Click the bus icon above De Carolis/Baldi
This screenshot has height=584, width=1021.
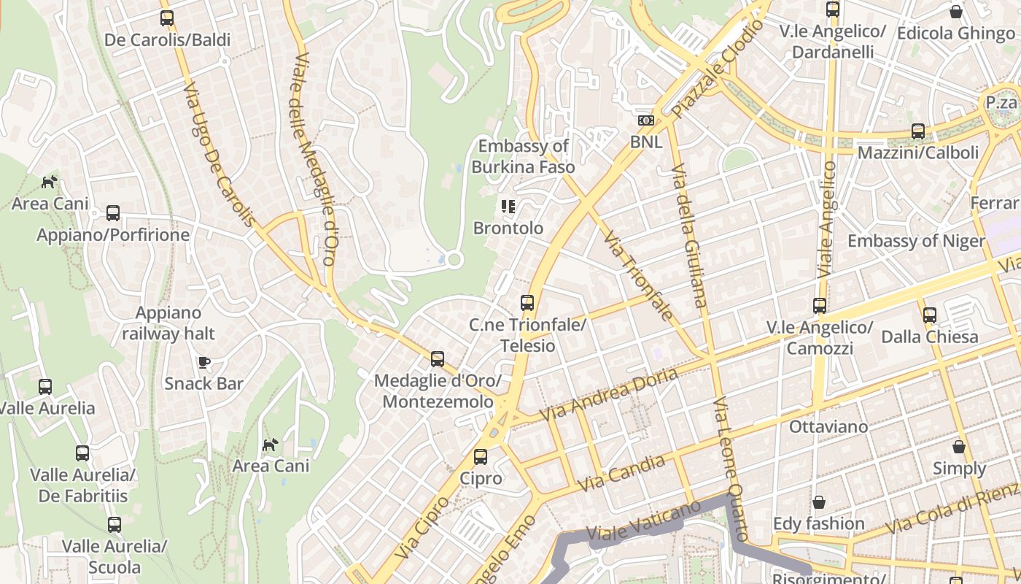coord(167,18)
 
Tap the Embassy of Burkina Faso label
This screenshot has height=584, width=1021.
coord(523,156)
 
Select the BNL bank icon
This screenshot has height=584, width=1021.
coord(646,120)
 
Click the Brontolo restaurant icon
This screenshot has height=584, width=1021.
coord(508,207)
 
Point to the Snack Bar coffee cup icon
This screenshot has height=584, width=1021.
coord(204,362)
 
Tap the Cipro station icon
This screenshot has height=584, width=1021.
coord(481,457)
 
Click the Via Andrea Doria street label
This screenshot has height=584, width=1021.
coord(608,394)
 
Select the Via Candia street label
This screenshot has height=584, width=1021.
coord(621,473)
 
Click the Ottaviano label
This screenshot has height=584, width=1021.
coord(828,426)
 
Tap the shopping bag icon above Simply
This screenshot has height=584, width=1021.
coord(959,446)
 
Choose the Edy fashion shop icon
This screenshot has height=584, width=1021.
coord(819,502)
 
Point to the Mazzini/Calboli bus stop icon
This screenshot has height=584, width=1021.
coord(918,131)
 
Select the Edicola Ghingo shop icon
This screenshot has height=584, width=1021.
coord(956,12)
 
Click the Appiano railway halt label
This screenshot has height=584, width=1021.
coord(168,323)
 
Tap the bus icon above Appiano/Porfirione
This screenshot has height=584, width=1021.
coord(113,213)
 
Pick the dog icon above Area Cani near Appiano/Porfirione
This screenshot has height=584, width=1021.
coord(50,182)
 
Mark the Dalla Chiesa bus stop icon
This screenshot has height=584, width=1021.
coord(930,315)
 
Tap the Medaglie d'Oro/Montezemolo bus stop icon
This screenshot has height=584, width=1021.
coord(438,359)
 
